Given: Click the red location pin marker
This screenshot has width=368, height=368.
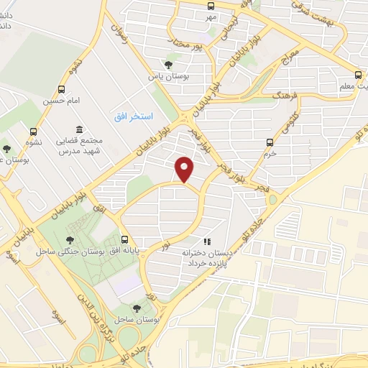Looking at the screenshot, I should tap(185, 169).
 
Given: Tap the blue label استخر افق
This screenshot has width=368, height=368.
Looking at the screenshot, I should tap(134, 116).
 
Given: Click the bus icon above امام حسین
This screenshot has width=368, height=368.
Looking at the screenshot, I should tap(61, 91).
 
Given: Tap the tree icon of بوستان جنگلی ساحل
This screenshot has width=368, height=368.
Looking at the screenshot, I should tap(69, 240).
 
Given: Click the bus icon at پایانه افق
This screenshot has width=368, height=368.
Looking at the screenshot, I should tap(126, 240).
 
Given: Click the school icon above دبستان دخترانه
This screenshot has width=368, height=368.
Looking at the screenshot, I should tap(207, 241).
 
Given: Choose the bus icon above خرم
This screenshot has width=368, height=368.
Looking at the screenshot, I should tap(270, 142).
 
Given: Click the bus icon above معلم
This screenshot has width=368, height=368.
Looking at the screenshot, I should tap(358, 75).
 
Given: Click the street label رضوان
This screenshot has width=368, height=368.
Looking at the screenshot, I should tap(119, 31).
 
